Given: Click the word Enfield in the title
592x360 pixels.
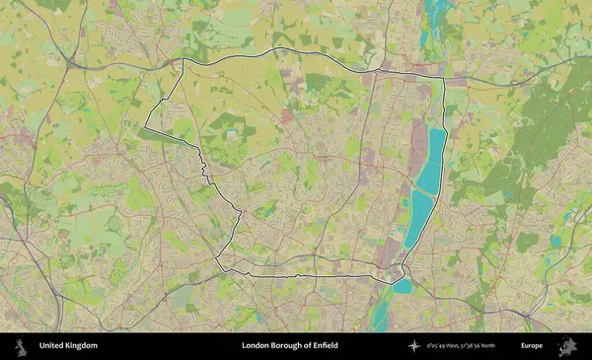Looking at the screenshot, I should tap(324, 346).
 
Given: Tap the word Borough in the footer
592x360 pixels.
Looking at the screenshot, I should tap(286, 346).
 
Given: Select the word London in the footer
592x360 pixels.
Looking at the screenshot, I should tap(255, 346).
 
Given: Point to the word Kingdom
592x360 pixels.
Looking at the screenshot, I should tap(81, 346).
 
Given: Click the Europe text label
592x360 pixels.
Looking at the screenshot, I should tap(532, 346).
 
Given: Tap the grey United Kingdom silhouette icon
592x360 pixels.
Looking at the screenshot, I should tap(21, 346).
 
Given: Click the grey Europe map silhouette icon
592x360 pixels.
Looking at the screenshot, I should tap(567, 346).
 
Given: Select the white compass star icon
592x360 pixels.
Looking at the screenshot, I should tap(415, 346).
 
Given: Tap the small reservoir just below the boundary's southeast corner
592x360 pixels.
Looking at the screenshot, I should tap(403, 286).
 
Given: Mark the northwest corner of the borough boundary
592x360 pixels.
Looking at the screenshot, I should tap(184, 60).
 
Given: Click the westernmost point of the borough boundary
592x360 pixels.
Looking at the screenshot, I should tap(145, 125).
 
